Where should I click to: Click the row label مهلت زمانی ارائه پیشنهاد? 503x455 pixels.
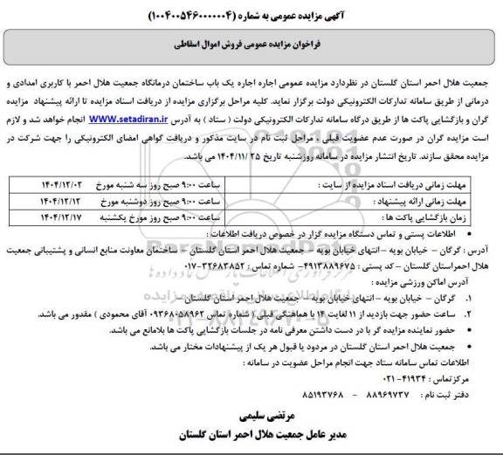416,199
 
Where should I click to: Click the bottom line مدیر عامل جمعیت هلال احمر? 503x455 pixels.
253,434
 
